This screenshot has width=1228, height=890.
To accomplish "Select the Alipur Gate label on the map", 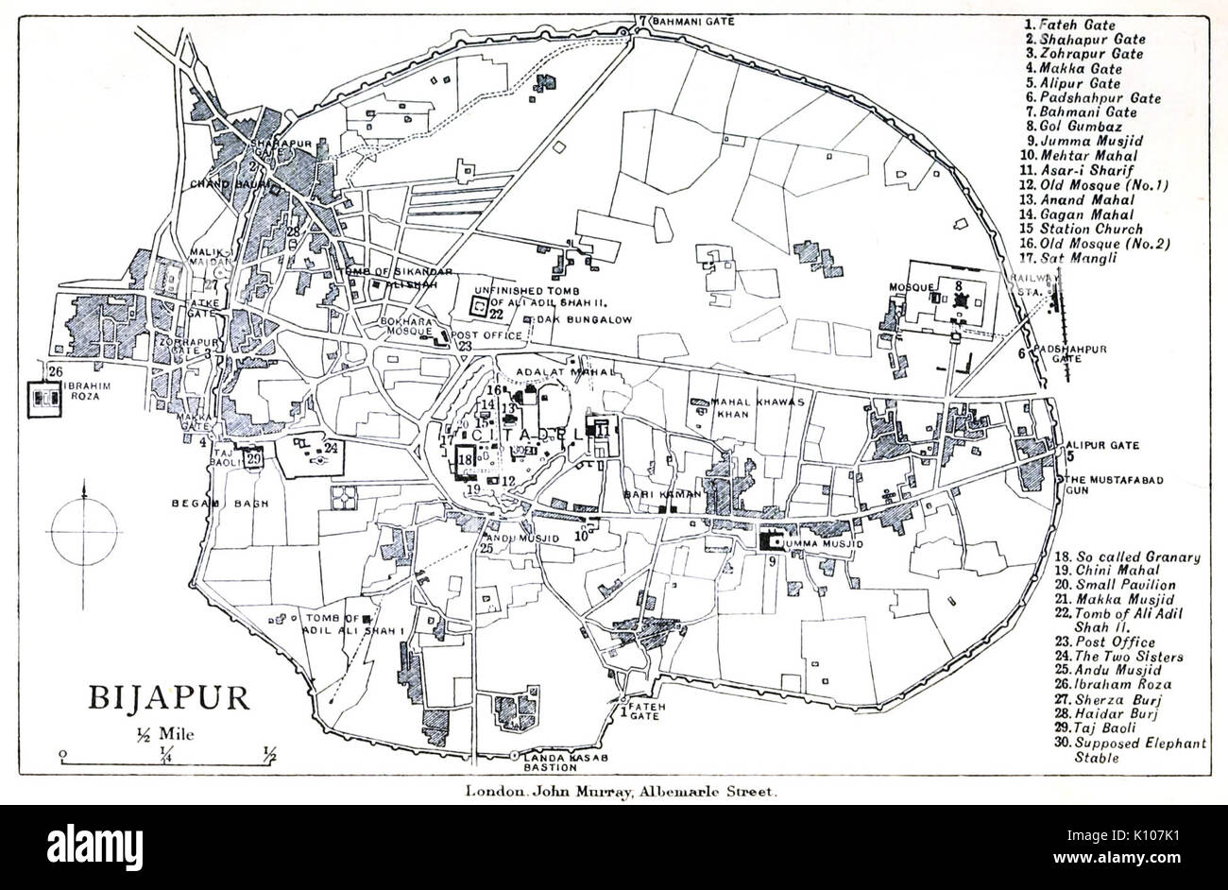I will pyautogui.click(x=1102, y=445).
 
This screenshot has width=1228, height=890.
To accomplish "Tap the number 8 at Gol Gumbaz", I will pyautogui.click(x=958, y=282).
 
